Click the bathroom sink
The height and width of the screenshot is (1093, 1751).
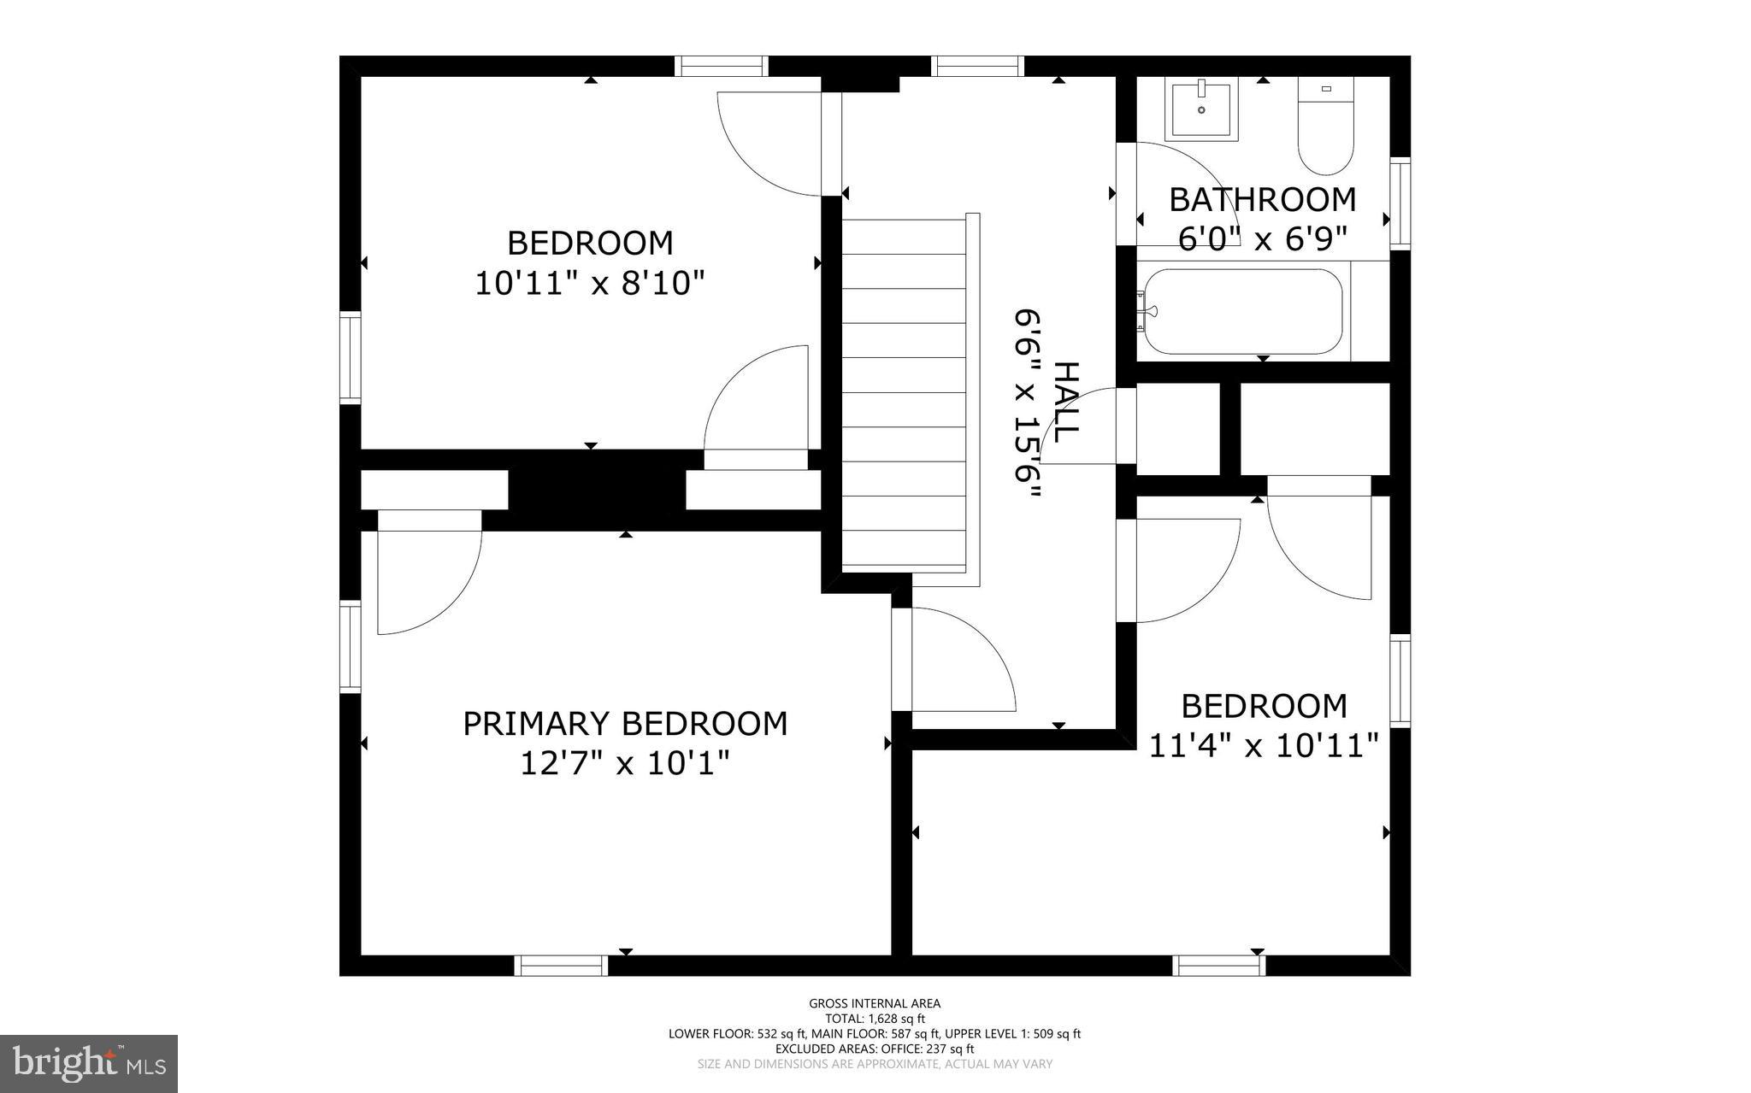point(1201,109)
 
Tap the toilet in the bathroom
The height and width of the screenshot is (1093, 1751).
point(1325,128)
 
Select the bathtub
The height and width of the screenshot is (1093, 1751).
point(1241,312)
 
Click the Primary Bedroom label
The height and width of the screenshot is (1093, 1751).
point(625,724)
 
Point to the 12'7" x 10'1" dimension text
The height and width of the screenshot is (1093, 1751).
point(625,763)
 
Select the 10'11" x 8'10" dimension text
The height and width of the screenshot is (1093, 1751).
point(590,283)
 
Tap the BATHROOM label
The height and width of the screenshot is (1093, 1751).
point(1262,200)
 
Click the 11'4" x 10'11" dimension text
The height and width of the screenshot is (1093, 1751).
point(1263,746)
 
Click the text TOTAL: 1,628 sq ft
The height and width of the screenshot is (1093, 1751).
point(875,1019)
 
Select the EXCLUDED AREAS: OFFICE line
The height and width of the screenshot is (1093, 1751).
point(875,1049)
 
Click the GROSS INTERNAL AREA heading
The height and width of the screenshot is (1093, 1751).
point(875,1003)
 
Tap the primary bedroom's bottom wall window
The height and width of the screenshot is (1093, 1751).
point(561,966)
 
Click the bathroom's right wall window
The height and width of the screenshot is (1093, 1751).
point(1400,203)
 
